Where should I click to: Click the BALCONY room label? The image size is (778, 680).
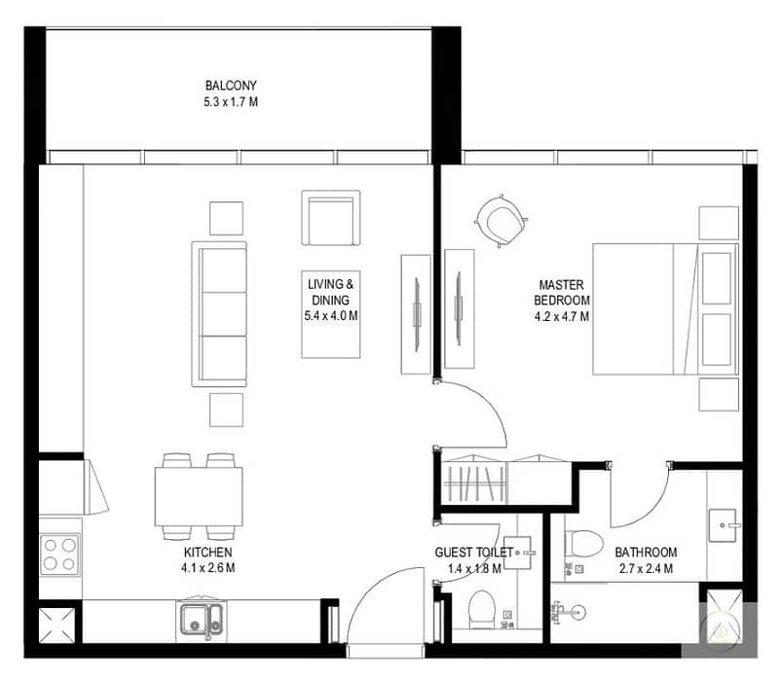pyautogui.click(x=231, y=86)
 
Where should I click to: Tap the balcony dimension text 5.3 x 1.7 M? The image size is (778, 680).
pyautogui.click(x=231, y=102)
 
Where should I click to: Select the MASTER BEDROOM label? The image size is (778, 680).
pyautogui.click(x=562, y=293)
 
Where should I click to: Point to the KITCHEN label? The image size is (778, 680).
pyautogui.click(x=208, y=553)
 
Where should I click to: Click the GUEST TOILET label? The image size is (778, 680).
pyautogui.click(x=474, y=553)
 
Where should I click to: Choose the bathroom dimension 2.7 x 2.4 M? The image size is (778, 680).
pyautogui.click(x=646, y=568)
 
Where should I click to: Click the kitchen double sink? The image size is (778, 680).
pyautogui.click(x=201, y=620)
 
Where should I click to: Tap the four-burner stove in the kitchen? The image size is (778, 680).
pyautogui.click(x=60, y=555)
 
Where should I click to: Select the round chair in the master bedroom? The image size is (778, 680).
pyautogui.click(x=501, y=221)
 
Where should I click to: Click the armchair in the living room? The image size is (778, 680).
pyautogui.click(x=331, y=218)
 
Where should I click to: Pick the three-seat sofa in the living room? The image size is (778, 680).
pyautogui.click(x=219, y=314)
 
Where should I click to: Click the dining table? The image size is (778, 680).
pyautogui.click(x=199, y=496)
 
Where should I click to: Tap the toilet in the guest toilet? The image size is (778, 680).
pyautogui.click(x=481, y=608)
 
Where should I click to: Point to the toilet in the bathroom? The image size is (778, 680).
pyautogui.click(x=583, y=544)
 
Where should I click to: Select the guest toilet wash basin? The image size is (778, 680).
pyautogui.click(x=519, y=553)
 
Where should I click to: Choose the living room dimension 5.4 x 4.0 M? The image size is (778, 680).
pyautogui.click(x=331, y=316)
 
